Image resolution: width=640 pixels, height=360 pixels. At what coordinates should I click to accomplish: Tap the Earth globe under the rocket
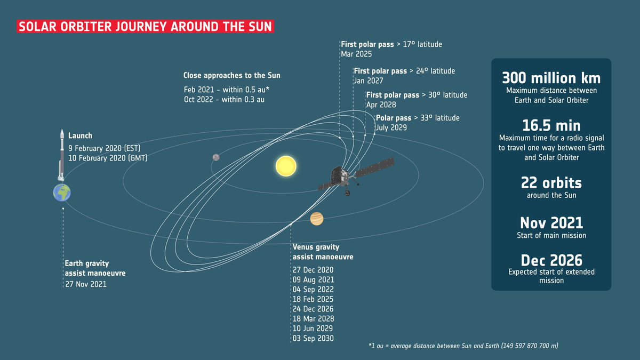[62, 192]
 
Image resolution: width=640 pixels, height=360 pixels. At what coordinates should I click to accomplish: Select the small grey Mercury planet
[216, 157]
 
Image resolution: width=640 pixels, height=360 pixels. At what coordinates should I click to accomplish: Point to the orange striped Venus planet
[317, 218]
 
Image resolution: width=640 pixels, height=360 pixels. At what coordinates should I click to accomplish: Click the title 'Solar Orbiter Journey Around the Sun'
[146, 27]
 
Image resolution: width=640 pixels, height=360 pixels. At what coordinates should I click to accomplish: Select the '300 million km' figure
[551, 78]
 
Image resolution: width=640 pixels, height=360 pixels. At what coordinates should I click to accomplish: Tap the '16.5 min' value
[551, 125]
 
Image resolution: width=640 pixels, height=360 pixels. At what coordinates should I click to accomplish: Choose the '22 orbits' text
[551, 183]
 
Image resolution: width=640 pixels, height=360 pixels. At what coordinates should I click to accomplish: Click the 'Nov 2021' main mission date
[551, 222]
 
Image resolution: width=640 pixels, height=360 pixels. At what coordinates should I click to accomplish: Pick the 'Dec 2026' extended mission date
[551, 260]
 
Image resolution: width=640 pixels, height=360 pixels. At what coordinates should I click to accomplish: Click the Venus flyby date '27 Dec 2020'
[313, 270]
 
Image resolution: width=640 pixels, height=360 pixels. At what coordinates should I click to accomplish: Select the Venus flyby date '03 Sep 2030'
[313, 338]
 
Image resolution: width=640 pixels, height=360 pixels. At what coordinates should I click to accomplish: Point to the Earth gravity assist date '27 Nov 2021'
[86, 284]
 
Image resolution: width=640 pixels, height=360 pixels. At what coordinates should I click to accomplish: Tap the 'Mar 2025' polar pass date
[356, 54]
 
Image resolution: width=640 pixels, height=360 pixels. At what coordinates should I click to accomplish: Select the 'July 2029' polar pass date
[391, 127]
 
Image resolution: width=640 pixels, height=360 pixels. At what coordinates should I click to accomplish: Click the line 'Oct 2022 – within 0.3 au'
[224, 99]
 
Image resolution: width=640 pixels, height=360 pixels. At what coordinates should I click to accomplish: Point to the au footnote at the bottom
[463, 347]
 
